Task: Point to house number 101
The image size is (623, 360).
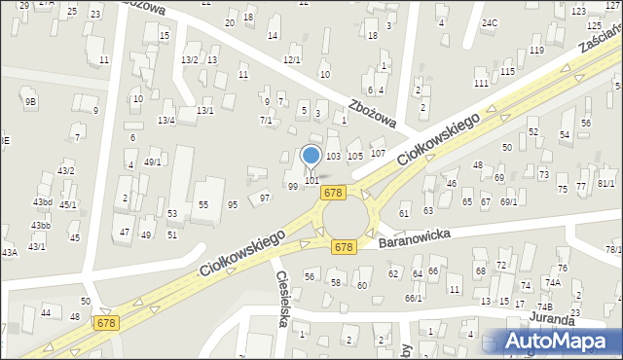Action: click(x=311, y=180)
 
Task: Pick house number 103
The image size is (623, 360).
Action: click(x=333, y=156)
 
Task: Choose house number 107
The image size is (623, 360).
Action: click(x=378, y=154)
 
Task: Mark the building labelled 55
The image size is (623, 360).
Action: click(x=203, y=204)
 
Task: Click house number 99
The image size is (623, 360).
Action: click(x=293, y=186)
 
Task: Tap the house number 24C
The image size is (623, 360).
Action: click(x=490, y=22)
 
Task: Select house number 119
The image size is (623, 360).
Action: click(x=536, y=51)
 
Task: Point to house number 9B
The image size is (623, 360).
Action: click(x=30, y=100)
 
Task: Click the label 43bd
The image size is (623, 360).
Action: click(x=42, y=202)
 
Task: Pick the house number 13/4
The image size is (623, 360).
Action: click(x=166, y=120)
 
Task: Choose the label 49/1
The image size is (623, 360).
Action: click(x=153, y=162)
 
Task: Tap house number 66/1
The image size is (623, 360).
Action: click(x=414, y=298)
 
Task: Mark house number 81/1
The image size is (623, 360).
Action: click(x=606, y=183)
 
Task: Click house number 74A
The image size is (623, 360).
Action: click(x=553, y=282)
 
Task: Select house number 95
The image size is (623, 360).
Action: click(x=233, y=204)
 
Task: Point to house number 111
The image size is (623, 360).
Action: click(x=481, y=84)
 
